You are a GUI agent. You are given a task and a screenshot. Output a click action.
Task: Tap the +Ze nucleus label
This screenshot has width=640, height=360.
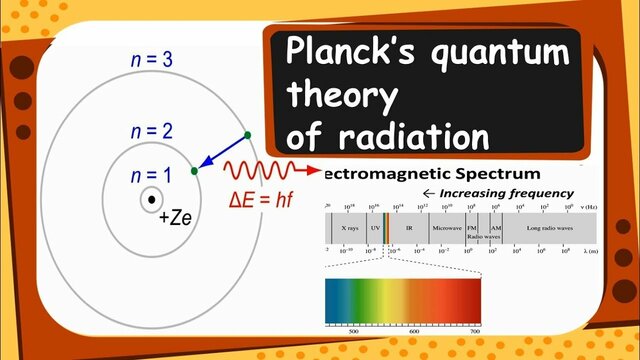tap(176, 217)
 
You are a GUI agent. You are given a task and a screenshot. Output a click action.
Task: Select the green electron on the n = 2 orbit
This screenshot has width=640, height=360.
tap(194, 171)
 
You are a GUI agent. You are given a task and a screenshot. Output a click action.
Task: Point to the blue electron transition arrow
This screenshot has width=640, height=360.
tap(221, 152)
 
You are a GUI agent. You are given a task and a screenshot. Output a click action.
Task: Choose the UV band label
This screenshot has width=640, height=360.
tap(376, 227)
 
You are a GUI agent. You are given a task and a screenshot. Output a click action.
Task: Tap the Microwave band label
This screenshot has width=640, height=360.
tap(446, 227)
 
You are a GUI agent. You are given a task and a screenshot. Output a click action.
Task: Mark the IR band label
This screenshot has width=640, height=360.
tap(410, 227)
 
